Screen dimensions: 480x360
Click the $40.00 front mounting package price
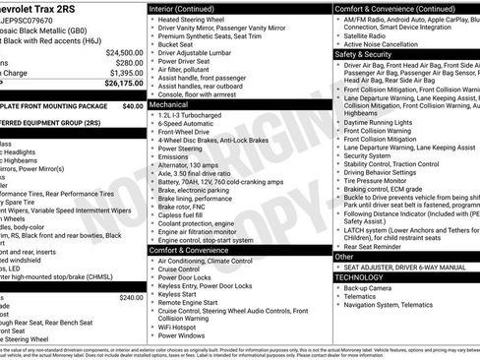133,105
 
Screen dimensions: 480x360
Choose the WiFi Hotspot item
184,326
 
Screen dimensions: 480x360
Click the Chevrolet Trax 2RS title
45,7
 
